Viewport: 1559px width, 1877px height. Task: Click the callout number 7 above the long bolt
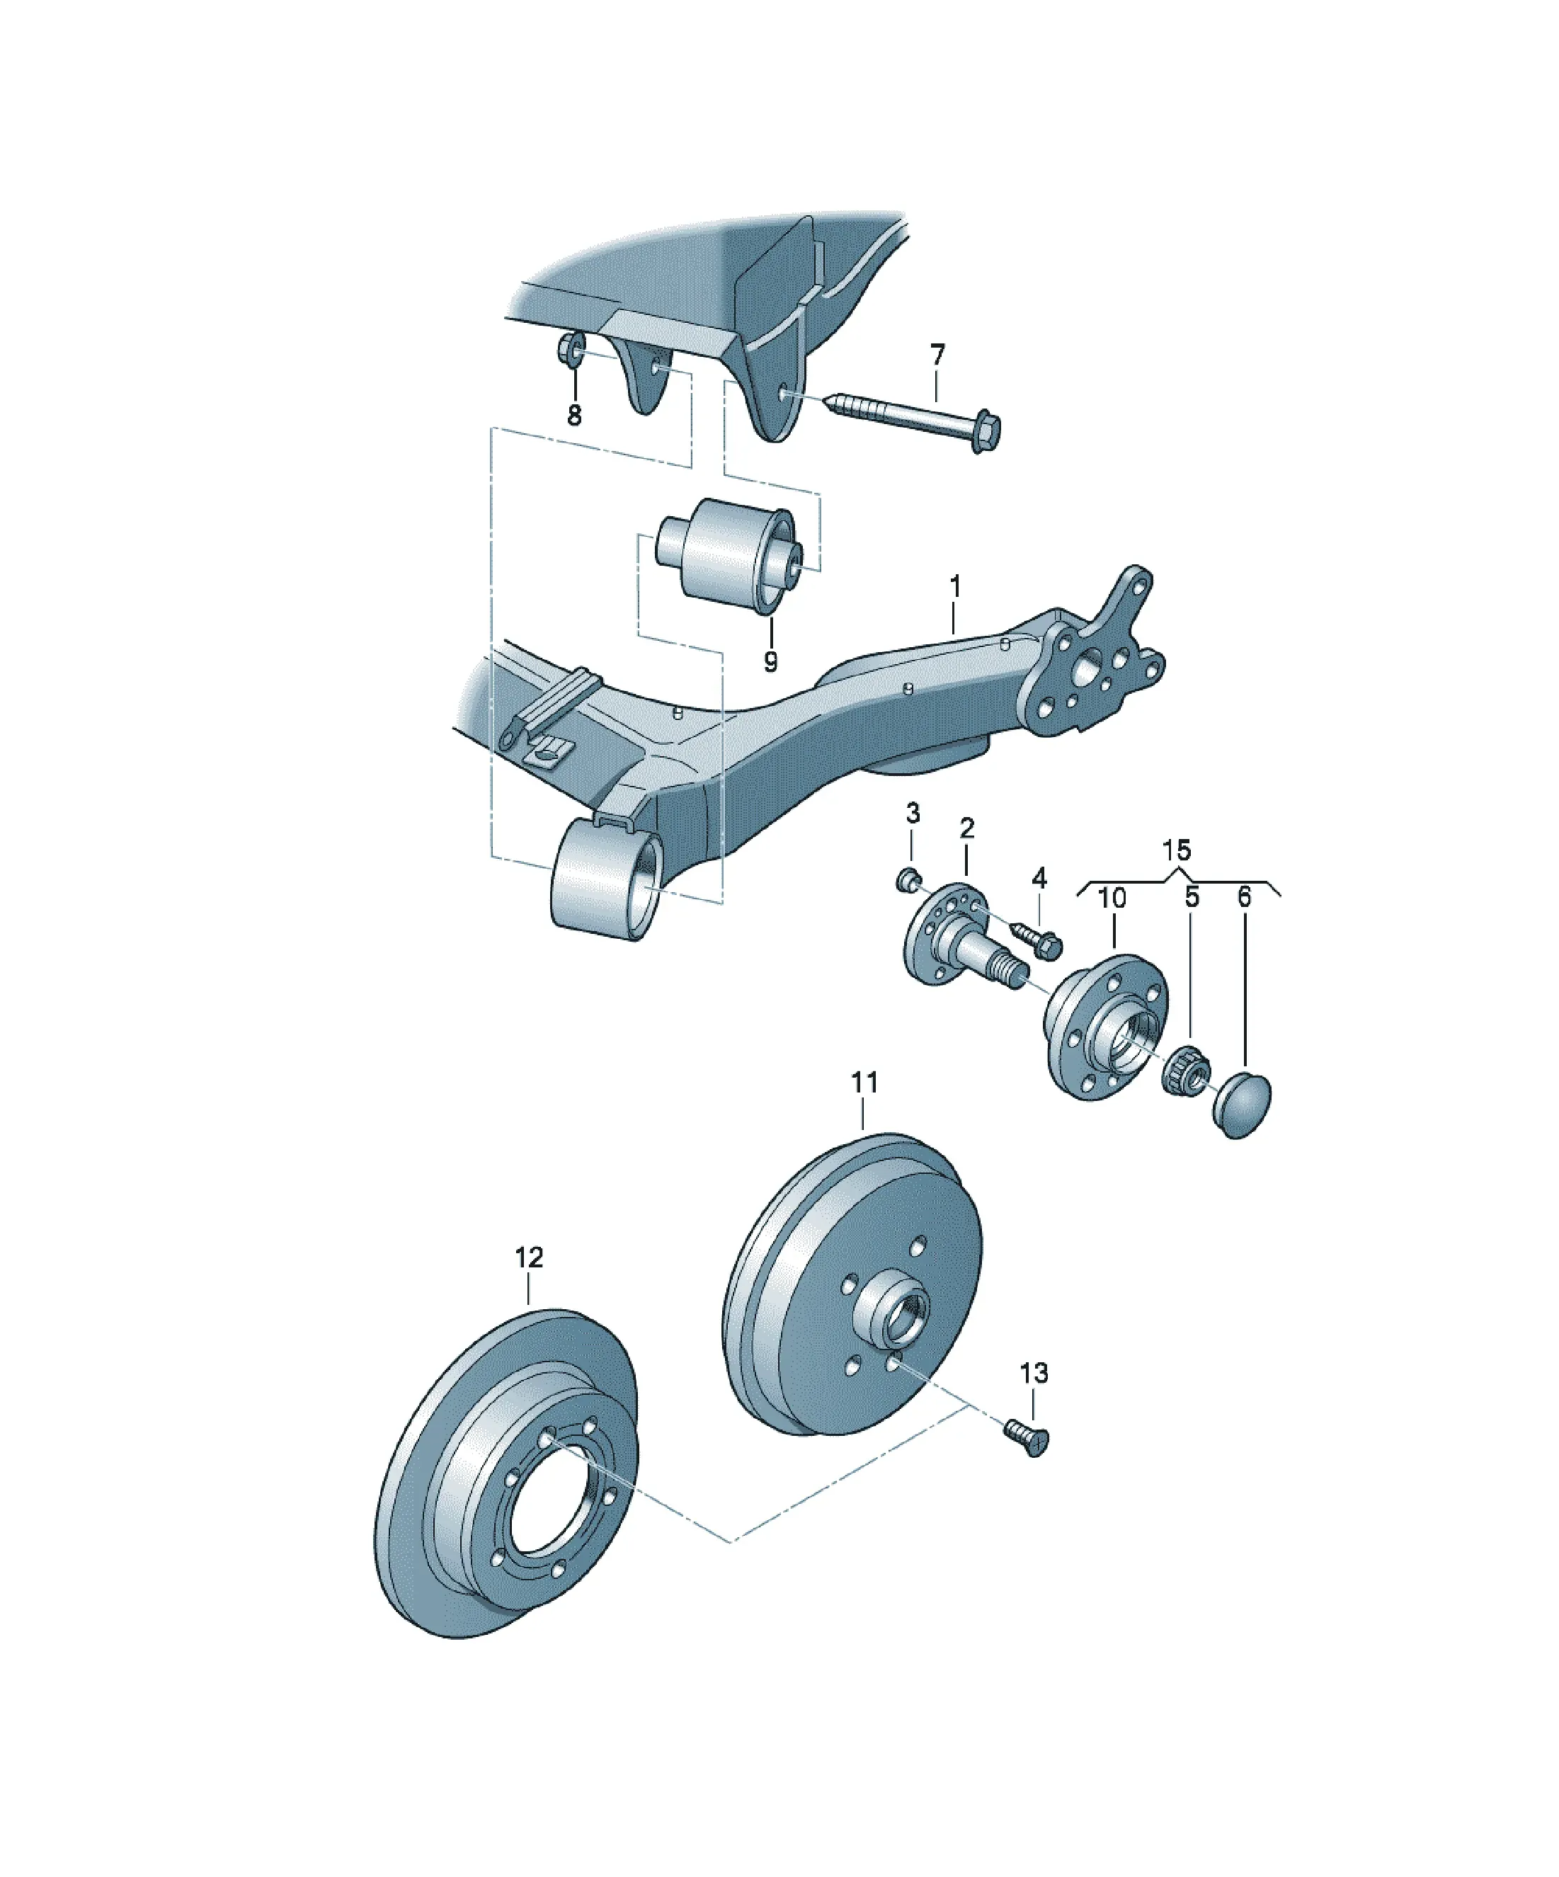click(937, 355)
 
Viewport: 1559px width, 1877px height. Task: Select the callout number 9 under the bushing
click(770, 661)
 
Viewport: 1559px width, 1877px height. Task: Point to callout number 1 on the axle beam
click(954, 587)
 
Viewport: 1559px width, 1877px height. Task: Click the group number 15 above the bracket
click(1177, 849)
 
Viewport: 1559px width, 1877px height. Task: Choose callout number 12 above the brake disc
click(529, 1257)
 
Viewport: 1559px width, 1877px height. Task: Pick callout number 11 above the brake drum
click(864, 1083)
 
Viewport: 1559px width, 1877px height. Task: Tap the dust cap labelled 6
click(1243, 1105)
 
